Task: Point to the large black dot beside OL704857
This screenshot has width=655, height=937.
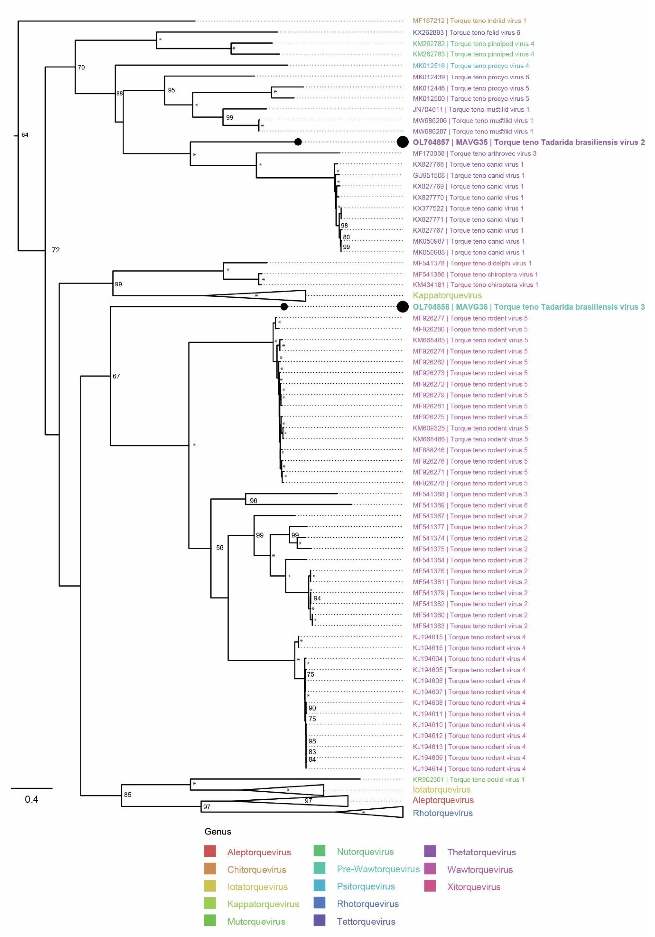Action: tap(402, 142)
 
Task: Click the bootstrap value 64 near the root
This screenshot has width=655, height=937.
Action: tap(25, 135)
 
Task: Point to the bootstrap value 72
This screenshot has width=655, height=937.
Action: tap(56, 250)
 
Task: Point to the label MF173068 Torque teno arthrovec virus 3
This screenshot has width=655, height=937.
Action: tap(474, 153)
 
